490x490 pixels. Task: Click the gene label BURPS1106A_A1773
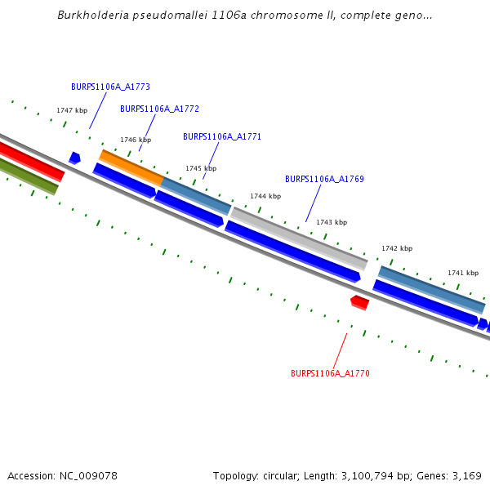pyautogui.click(x=110, y=87)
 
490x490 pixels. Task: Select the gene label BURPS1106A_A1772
pyautogui.click(x=159, y=109)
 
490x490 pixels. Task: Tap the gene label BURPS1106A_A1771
pyautogui.click(x=222, y=137)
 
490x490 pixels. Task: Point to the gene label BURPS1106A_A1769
pyautogui.click(x=324, y=179)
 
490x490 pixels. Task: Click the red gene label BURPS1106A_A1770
pyautogui.click(x=330, y=373)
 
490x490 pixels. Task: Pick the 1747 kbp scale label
pyautogui.click(x=72, y=110)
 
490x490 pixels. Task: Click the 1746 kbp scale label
pyautogui.click(x=136, y=140)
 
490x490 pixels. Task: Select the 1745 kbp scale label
pyautogui.click(x=201, y=168)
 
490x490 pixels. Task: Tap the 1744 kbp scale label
pyautogui.click(x=265, y=196)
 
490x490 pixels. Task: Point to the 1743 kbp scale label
pyautogui.click(x=332, y=222)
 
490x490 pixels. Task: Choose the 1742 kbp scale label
pyautogui.click(x=397, y=248)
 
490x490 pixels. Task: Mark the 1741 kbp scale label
pyautogui.click(x=463, y=273)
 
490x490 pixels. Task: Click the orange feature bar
pyautogui.click(x=131, y=167)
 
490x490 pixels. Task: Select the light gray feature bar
pyautogui.click(x=299, y=238)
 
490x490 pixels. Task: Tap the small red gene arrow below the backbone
pyautogui.click(x=359, y=303)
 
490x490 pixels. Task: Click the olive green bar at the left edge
pyautogui.click(x=29, y=176)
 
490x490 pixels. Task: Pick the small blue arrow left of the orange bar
pyautogui.click(x=74, y=158)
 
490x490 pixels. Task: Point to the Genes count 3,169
pyautogui.click(x=468, y=475)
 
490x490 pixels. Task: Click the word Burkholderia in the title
pyautogui.click(x=91, y=16)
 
